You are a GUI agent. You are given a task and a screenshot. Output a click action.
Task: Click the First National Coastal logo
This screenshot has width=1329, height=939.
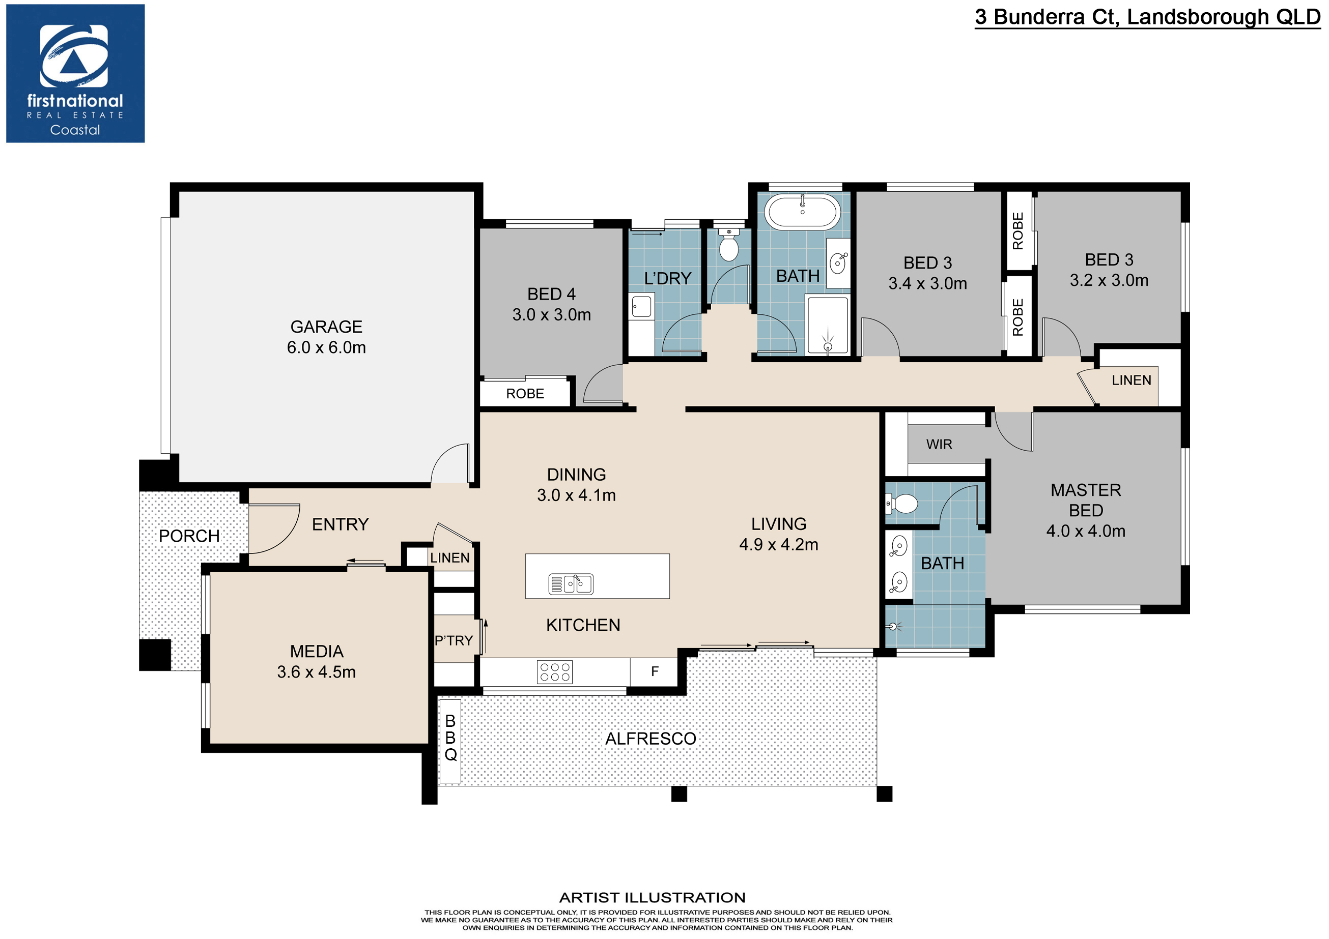point(75,73)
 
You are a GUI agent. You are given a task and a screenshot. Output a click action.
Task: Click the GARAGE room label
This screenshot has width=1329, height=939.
point(326,327)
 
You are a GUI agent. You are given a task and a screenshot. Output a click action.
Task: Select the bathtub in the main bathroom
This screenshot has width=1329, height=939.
point(802,211)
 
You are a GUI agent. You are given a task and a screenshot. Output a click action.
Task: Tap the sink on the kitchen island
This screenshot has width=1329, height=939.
point(571,584)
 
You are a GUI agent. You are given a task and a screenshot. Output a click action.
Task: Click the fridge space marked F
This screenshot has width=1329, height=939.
point(655,671)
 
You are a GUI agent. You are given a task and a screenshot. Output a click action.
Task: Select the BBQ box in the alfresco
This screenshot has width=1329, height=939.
point(450,741)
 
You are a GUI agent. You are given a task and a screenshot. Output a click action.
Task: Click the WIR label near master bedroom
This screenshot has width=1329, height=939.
point(939,445)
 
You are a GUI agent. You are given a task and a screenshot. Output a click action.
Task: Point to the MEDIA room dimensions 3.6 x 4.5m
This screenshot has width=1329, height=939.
point(316,672)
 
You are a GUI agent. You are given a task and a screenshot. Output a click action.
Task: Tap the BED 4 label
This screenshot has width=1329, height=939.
point(551,294)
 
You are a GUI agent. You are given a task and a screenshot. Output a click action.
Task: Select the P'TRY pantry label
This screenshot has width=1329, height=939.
point(454,640)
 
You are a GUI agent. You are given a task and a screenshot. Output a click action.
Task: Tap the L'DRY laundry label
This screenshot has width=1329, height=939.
point(667,278)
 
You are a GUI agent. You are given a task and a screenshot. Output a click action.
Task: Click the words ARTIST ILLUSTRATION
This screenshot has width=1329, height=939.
point(653,897)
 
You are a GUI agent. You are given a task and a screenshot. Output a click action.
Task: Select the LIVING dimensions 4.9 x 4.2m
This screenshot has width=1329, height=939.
point(779,544)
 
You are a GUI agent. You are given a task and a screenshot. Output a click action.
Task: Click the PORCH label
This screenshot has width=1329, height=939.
point(189,536)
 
